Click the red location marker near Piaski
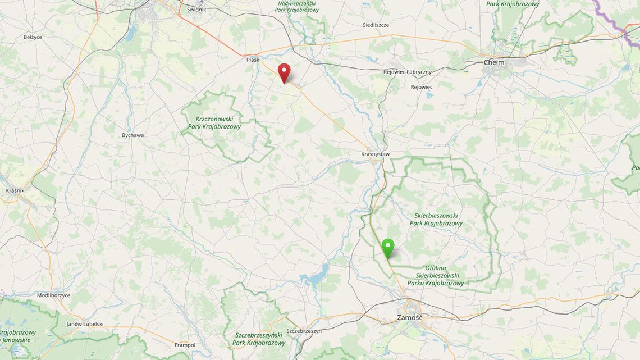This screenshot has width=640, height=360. point(285,72)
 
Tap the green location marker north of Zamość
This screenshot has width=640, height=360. point(387,248)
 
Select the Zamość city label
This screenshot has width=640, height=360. point(409,317)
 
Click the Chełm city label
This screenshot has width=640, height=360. point(493,62)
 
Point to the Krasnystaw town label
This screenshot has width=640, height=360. point(376,153)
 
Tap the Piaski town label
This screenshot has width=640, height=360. point(254,60)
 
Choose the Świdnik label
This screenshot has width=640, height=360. point(196,10)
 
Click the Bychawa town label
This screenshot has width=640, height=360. point(132,135)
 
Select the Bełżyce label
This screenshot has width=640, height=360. point(33,37)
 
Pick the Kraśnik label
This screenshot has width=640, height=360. point(15,190)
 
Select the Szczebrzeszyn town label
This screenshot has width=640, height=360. point(304,331)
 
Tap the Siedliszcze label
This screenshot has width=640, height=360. point(376,25)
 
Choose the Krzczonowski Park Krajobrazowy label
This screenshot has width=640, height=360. point(218,123)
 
